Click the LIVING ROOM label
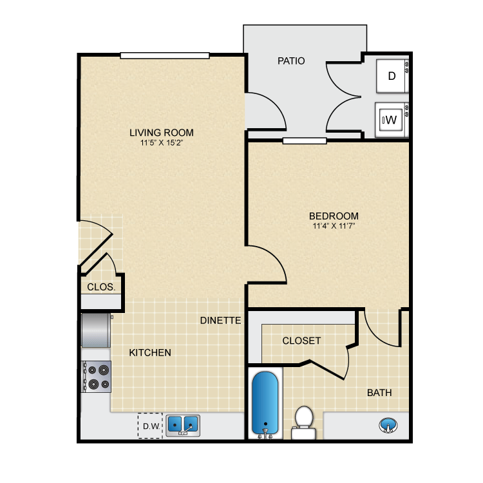point(161,133)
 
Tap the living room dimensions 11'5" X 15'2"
point(161,143)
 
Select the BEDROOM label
point(334,216)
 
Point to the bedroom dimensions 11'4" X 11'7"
point(334,226)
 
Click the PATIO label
point(291,61)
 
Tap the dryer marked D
point(391,76)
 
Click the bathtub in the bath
point(265,402)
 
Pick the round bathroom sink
point(388,425)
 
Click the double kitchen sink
point(183,425)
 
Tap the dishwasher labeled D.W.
point(151,426)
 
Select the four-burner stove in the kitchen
point(96,377)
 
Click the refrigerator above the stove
point(96,330)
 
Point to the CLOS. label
point(100,287)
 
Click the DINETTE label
point(220,320)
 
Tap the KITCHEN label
point(150,352)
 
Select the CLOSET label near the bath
point(301,341)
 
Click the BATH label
point(379,392)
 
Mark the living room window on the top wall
point(165,55)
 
